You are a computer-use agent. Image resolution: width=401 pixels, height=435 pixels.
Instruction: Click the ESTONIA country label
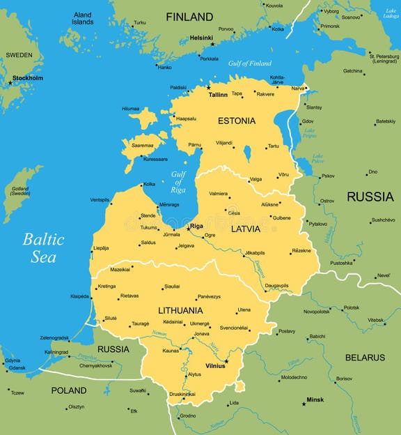[x=236, y=121]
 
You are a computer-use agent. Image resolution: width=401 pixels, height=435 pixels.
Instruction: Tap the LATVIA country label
[x=246, y=228]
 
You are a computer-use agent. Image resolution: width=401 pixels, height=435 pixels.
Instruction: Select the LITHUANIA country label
[x=180, y=310]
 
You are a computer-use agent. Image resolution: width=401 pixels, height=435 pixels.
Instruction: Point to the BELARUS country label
[x=365, y=358]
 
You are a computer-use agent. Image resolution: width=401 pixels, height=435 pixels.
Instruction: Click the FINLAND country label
[x=189, y=16]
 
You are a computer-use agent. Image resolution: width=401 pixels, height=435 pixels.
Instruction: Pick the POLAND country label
[x=69, y=390]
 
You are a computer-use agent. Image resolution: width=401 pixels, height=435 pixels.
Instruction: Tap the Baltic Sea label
[x=43, y=247]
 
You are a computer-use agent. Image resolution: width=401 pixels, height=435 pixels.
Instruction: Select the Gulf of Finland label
[x=250, y=63]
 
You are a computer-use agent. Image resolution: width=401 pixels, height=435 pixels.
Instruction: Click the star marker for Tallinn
[x=208, y=88]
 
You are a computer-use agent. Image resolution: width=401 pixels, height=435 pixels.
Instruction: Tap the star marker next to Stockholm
[x=10, y=83]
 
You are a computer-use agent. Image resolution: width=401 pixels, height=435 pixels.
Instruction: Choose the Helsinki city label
[x=201, y=37]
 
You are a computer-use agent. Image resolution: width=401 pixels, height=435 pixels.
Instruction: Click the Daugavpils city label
[x=276, y=285]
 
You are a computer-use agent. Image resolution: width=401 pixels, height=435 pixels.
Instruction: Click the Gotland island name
[x=19, y=190]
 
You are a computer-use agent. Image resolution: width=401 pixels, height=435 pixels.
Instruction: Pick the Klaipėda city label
[x=79, y=296]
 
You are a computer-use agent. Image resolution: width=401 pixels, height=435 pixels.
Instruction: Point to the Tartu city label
[x=274, y=146]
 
